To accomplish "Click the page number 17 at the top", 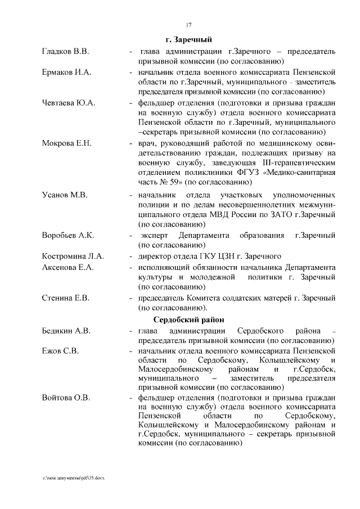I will [x=188, y=24].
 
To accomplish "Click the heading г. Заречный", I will [x=188, y=40].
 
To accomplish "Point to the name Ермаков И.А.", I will [x=66, y=73].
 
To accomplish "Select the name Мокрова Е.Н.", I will [x=66, y=143].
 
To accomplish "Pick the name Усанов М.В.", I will [x=64, y=195].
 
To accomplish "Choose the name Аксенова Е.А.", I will [x=67, y=267].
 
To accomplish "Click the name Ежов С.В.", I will [x=60, y=351].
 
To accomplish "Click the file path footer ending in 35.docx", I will [x=73, y=478].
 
